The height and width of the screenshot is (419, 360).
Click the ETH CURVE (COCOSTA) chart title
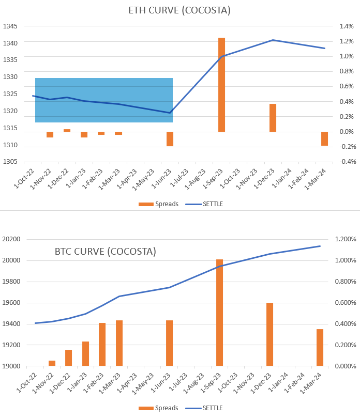179,10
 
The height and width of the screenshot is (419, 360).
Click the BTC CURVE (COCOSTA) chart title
105,252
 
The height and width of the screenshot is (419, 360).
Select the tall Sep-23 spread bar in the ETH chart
221,85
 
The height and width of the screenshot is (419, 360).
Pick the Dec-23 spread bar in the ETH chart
273,118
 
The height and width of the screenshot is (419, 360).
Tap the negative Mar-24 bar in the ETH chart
324,138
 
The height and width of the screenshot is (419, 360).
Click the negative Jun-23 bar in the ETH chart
170,138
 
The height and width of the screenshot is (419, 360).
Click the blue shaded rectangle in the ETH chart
103,100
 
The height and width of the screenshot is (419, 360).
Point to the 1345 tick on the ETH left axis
10,26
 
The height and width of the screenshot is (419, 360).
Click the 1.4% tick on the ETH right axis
346,26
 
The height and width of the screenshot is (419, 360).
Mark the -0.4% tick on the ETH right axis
345,162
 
